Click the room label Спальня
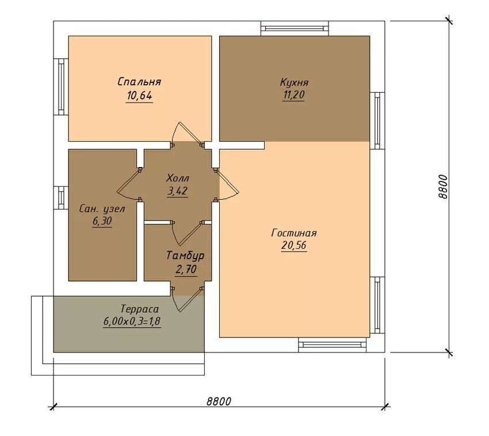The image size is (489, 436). click(x=139, y=82)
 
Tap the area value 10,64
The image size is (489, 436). click(x=139, y=96)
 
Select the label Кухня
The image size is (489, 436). click(x=294, y=82)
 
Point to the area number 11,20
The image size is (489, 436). click(x=293, y=95)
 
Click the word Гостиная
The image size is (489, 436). click(x=294, y=233)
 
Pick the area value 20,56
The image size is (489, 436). click(x=294, y=245)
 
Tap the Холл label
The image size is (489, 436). click(x=177, y=179)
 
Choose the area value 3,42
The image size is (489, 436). click(x=177, y=191)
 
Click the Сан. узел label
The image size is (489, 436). click(x=102, y=208)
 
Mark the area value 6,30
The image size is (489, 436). click(x=102, y=221)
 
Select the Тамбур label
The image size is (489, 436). click(x=185, y=256)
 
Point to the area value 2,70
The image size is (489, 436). click(x=186, y=269)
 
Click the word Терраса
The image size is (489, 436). click(x=140, y=309)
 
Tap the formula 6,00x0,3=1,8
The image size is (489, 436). click(x=132, y=322)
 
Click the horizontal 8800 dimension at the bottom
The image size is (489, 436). click(x=219, y=401)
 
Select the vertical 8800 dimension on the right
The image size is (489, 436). click(x=442, y=187)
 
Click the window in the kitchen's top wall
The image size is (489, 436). click(x=295, y=28)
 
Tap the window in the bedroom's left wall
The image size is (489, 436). click(x=61, y=87)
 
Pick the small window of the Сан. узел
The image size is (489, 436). click(x=61, y=198)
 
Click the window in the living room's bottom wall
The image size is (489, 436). click(x=333, y=345)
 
